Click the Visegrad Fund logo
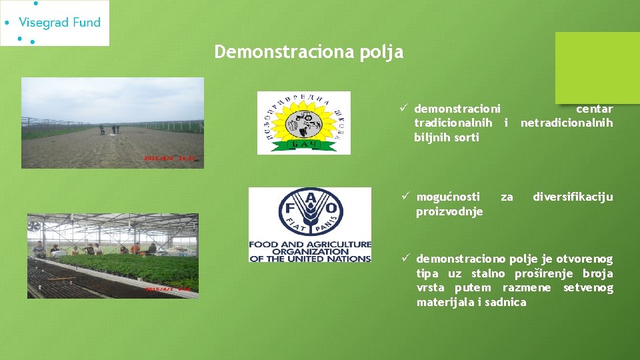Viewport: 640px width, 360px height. (x=55, y=23)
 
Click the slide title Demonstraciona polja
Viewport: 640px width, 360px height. (x=309, y=52)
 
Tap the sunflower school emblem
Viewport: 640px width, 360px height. (x=303, y=123)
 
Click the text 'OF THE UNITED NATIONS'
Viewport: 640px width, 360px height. (x=309, y=259)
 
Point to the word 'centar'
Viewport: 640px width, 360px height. (x=594, y=109)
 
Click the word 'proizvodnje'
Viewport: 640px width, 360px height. (x=449, y=211)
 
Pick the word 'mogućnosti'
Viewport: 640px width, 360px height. (x=447, y=197)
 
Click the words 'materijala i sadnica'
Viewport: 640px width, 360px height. (x=471, y=303)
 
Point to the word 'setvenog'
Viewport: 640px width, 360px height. (x=588, y=288)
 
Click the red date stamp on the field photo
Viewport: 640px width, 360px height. (x=171, y=159)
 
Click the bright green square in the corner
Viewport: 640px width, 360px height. (x=597, y=68)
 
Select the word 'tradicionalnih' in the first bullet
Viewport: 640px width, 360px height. (x=453, y=123)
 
